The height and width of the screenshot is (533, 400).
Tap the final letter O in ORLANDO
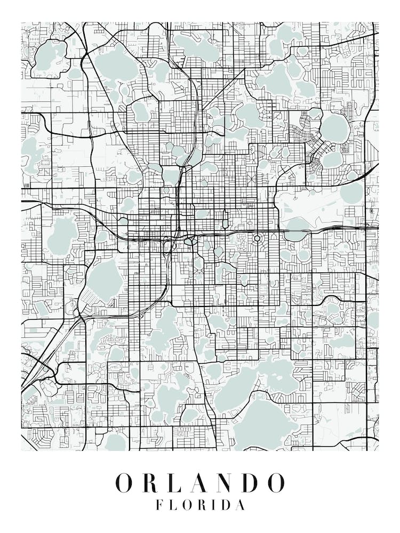pyautogui.click(x=275, y=482)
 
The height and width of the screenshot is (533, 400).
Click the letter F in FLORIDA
pyautogui.click(x=159, y=505)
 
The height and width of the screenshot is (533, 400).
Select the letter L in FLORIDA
pyautogui.click(x=173, y=505)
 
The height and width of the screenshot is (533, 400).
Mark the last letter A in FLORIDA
pyautogui.click(x=241, y=505)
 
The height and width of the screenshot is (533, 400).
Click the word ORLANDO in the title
pyautogui.click(x=201, y=482)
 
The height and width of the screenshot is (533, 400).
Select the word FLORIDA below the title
pyautogui.click(x=201, y=505)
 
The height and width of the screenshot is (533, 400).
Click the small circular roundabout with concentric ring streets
pyautogui.click(x=257, y=238)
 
